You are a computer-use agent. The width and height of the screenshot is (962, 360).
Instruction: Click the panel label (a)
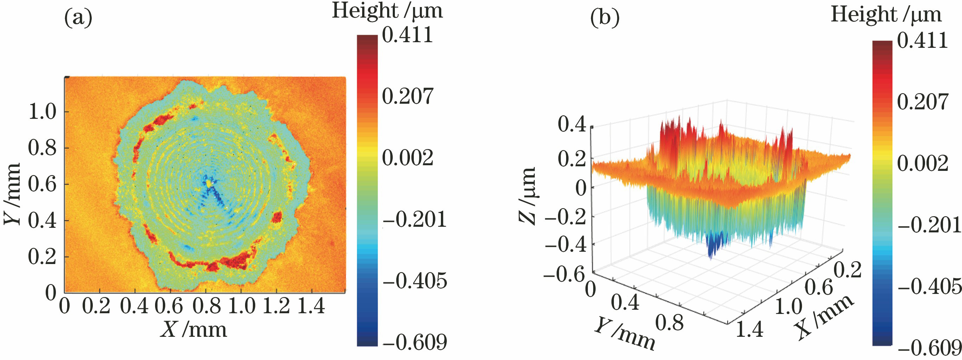tap(78, 18)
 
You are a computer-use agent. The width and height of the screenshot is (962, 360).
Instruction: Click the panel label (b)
tap(605, 18)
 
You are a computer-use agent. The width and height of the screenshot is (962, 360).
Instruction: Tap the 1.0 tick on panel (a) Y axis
tap(42, 111)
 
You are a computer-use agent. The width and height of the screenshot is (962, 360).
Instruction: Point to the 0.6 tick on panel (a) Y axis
tap(42, 184)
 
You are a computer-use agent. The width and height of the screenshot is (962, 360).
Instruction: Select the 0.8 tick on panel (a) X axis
tap(206, 306)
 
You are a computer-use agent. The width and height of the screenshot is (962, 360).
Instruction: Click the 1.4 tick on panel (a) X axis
tap(311, 306)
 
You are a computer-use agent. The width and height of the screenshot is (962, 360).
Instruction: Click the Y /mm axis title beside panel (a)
tap(12, 194)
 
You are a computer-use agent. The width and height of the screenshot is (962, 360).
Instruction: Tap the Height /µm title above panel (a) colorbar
tap(387, 11)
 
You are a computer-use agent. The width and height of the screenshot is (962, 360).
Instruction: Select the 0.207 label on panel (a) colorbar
tap(408, 96)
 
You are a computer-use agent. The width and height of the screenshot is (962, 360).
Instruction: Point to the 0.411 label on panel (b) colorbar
tap(922, 40)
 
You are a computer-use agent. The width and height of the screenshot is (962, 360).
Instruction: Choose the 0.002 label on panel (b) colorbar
tap(922, 163)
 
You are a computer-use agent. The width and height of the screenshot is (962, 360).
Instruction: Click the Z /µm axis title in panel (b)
tap(528, 196)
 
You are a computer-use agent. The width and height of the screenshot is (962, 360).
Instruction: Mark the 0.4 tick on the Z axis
tap(572, 124)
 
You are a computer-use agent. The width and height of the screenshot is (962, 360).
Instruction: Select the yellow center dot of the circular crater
tap(209, 184)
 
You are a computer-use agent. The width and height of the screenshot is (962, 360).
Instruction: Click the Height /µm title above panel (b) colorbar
tap(886, 15)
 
